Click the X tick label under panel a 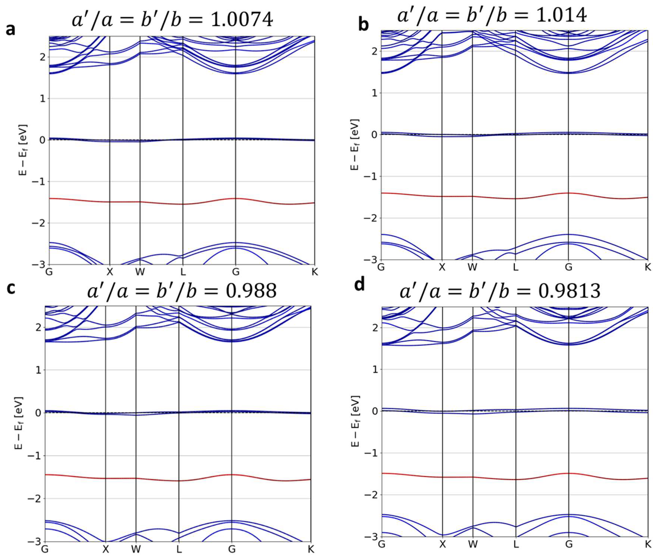pyautogui.click(x=110, y=272)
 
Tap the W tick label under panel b pyautogui.click(x=472, y=267)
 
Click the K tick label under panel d pyautogui.click(x=648, y=544)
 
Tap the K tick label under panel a pyautogui.click(x=314, y=272)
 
